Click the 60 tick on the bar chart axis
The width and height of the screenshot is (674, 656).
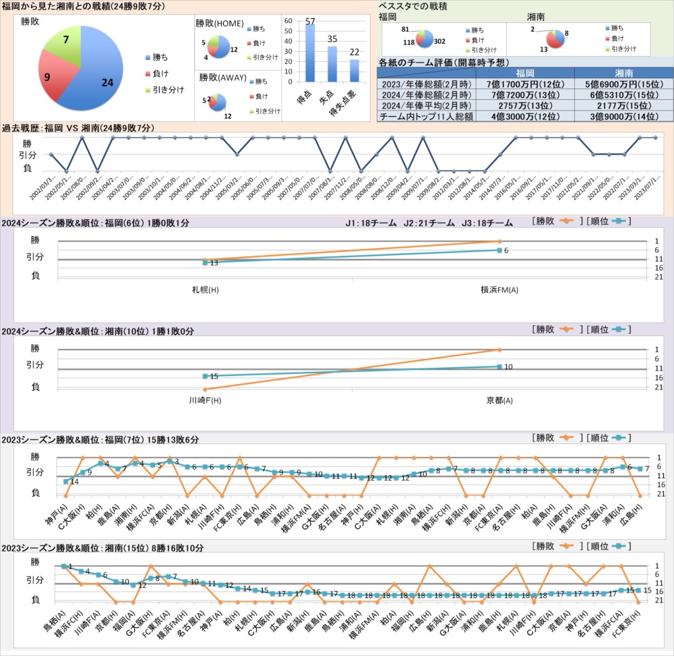pos(288,21)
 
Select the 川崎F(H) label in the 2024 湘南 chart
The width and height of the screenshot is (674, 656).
pos(205,400)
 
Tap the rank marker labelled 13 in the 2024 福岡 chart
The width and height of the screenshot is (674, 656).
pos(205,263)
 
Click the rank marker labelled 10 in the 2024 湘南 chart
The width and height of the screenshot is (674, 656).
pos(499,366)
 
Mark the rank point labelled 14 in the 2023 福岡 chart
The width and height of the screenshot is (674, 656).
pos(66,481)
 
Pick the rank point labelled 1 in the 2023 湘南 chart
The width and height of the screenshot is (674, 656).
pos(63,566)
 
